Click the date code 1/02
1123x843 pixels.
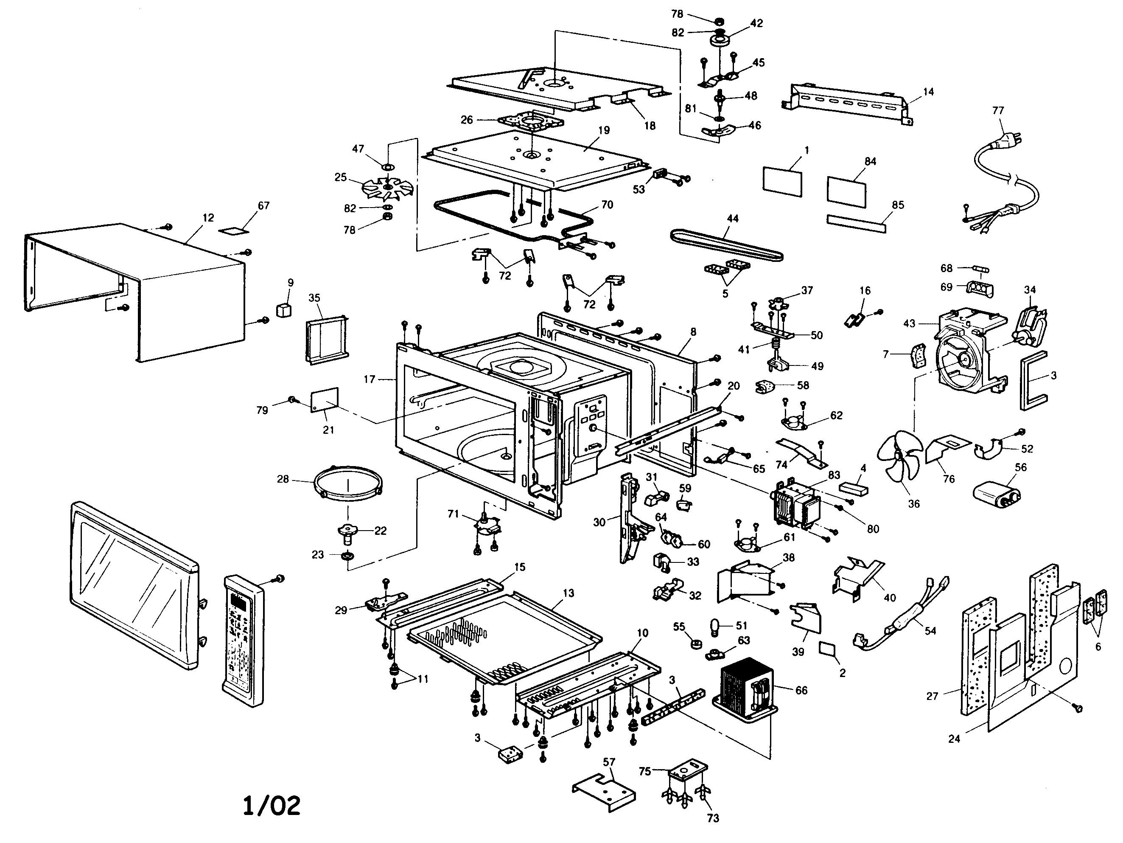point(272,805)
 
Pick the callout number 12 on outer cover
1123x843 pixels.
point(208,218)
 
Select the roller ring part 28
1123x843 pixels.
point(348,483)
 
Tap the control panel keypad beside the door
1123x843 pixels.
point(243,641)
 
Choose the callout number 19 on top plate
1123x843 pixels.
point(604,130)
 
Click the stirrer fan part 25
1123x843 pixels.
point(387,189)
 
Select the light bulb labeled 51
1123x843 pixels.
point(714,626)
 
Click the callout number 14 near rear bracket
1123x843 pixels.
point(928,92)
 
